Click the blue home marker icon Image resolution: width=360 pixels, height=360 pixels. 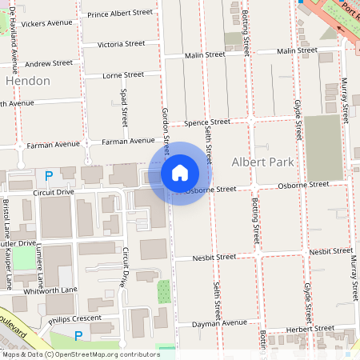(180, 173)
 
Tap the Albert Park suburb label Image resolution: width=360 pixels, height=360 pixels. (258, 162)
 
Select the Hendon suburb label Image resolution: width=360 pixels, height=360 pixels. (28, 81)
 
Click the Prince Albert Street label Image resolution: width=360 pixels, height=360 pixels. (120, 14)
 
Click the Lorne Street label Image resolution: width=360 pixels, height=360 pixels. (124, 74)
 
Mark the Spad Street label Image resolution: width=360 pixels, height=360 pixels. (124, 107)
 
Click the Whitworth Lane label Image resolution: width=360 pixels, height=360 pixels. (51, 289)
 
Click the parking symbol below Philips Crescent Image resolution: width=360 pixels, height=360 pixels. (78, 337)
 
